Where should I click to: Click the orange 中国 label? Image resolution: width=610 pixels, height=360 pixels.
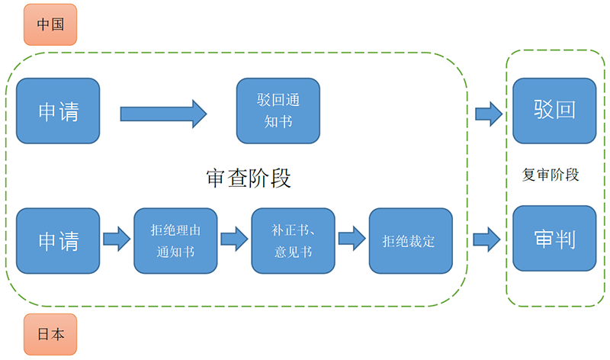(x=50, y=24)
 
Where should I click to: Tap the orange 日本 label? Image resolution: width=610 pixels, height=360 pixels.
(x=50, y=334)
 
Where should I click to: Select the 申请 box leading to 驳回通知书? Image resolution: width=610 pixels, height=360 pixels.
(x=58, y=111)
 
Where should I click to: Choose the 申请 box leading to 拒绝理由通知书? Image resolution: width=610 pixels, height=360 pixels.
(x=58, y=240)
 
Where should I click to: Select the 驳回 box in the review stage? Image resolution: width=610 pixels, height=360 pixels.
(x=554, y=111)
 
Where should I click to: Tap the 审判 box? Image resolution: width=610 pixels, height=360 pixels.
(x=554, y=238)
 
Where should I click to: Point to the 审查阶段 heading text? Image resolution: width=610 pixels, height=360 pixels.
(x=249, y=178)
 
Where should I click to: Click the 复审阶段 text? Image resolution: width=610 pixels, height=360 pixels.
(x=551, y=175)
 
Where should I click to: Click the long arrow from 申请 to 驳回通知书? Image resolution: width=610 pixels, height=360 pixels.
(x=163, y=114)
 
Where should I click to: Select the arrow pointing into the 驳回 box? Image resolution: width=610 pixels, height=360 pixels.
(x=488, y=114)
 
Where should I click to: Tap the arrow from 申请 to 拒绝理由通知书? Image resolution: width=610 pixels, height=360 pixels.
(x=117, y=239)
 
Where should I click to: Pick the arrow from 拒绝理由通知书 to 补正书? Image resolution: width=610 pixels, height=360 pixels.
(x=234, y=239)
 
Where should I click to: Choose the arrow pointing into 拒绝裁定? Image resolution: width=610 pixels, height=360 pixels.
(x=352, y=239)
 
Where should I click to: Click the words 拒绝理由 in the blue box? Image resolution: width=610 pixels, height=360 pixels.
(x=175, y=229)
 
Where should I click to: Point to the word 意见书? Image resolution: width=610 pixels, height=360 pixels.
(x=293, y=251)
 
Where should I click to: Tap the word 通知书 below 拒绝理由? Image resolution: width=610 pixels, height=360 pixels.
(x=175, y=251)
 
